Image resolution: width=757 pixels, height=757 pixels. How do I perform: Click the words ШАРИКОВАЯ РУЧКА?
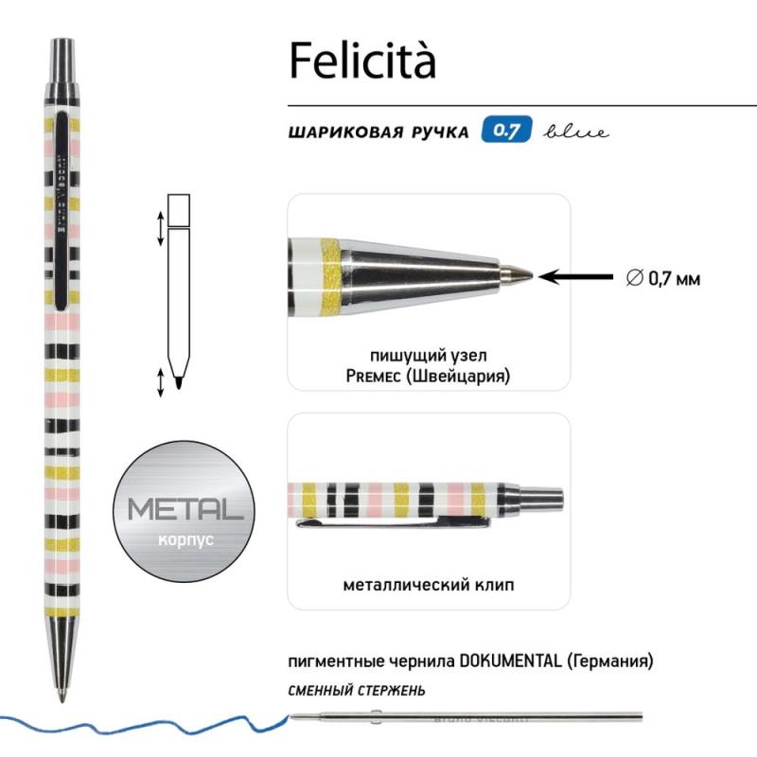378,132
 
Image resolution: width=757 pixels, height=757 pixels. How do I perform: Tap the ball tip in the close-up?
520,274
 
